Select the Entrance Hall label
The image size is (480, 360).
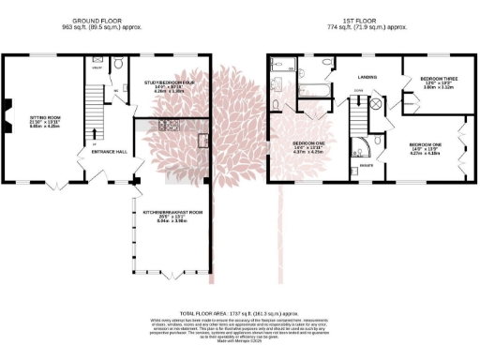click(109, 151)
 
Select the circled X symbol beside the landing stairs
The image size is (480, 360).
click(375, 106)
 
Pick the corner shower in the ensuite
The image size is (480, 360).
click(357, 147)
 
